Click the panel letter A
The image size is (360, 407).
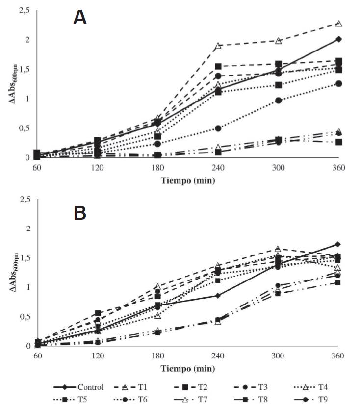tap(80, 17)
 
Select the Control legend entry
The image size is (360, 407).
tap(90, 387)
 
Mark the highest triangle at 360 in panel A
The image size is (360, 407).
tap(338, 24)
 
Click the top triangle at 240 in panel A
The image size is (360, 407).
tap(218, 46)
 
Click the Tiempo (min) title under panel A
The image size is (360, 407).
tap(188, 180)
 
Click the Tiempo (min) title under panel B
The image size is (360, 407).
tap(188, 368)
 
